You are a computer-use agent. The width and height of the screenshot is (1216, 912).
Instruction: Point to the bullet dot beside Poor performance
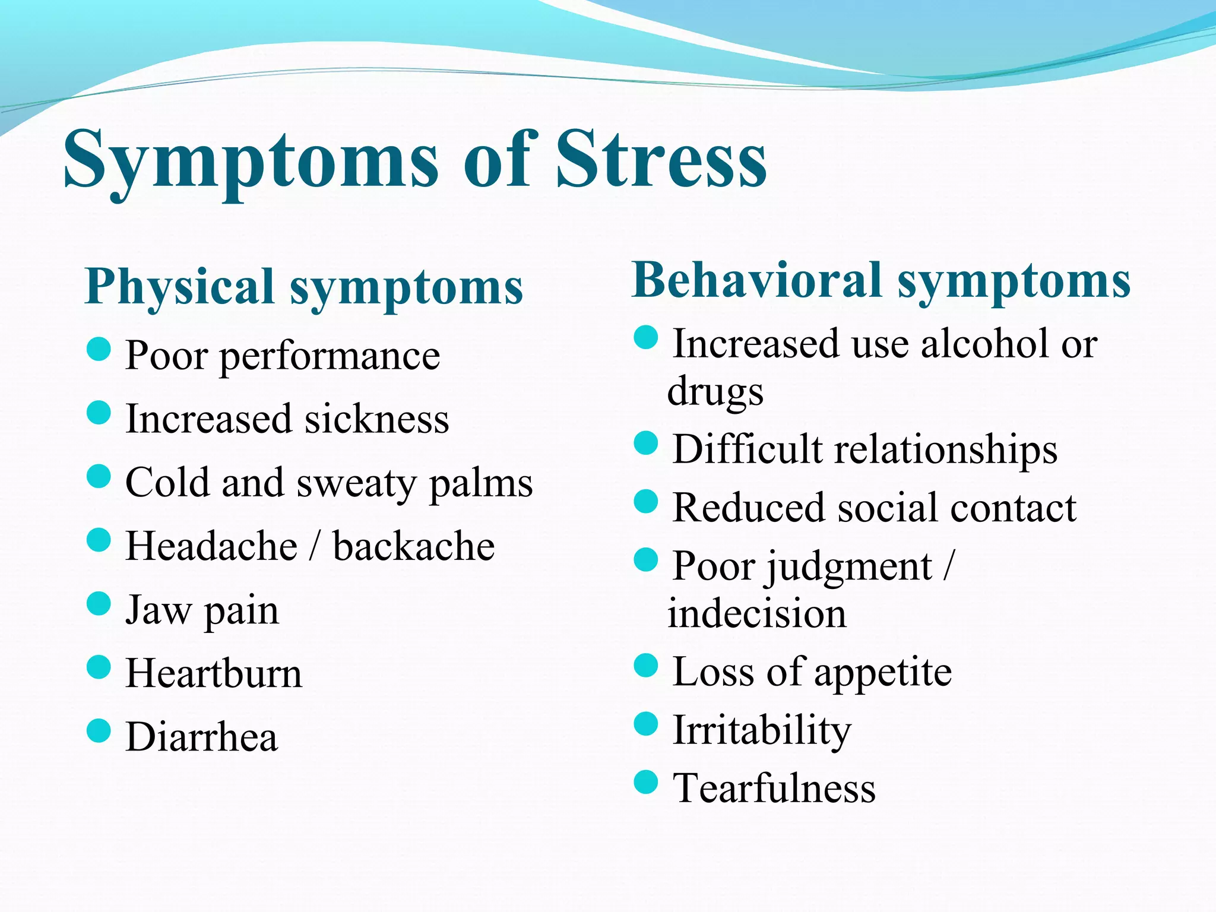click(99, 349)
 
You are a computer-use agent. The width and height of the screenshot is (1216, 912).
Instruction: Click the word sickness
click(376, 419)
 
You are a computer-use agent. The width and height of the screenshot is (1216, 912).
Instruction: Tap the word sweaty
click(356, 483)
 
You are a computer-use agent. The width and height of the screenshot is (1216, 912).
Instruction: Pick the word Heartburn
click(214, 674)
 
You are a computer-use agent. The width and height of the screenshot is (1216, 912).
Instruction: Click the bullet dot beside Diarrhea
click(99, 731)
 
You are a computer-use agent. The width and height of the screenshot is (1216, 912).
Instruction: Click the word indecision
click(756, 613)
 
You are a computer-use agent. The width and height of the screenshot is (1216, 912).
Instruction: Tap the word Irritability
click(761, 730)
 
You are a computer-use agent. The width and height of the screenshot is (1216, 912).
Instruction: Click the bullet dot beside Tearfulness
click(646, 782)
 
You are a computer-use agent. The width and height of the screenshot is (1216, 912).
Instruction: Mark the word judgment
click(849, 566)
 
